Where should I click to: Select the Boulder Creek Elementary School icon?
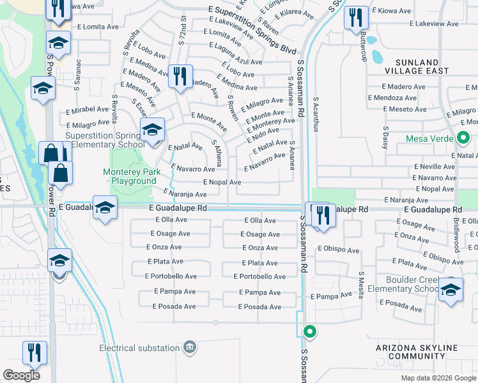click(x=451, y=289)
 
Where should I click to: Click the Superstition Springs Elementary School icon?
click(x=153, y=130)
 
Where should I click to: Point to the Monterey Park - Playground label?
click(x=130, y=176)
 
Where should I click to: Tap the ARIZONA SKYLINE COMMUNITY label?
click(x=417, y=352)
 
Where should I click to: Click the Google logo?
click(x=22, y=375)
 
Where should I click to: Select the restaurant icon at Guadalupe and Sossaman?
click(x=321, y=214)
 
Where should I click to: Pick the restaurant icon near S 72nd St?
click(x=180, y=77)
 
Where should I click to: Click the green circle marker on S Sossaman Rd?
click(x=310, y=331)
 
